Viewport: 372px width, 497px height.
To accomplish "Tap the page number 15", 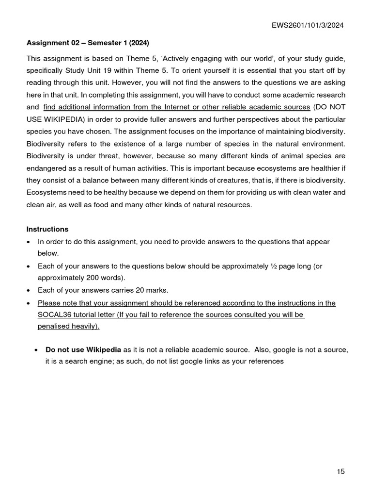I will click(x=341, y=471).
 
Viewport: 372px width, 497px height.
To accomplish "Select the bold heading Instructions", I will click(x=47, y=229).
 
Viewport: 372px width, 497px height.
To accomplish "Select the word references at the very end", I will click(x=265, y=362).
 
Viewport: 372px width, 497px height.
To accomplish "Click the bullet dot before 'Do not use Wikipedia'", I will click(x=37, y=350).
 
